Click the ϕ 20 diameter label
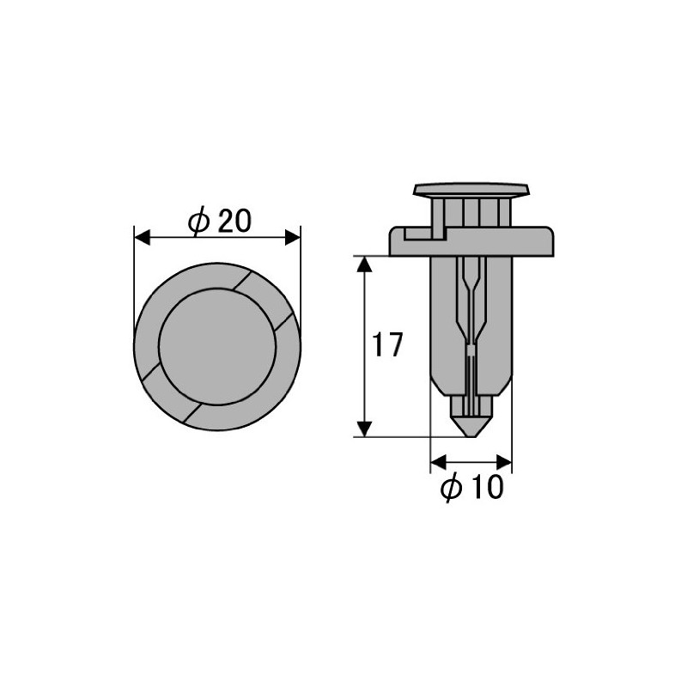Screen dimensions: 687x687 [x=219, y=222]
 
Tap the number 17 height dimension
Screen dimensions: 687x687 [x=386, y=346]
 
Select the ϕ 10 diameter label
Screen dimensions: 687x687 [x=470, y=489]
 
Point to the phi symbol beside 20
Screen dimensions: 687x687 [x=198, y=222]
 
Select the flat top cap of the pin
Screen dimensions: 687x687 [x=471, y=189]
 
